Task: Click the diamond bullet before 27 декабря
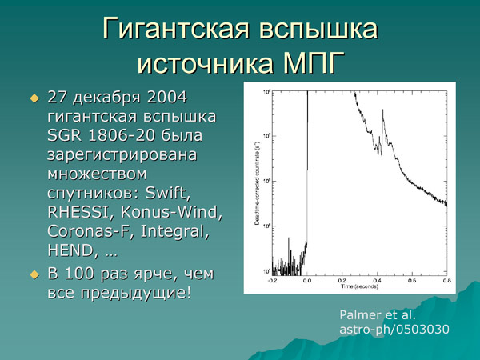[34, 98]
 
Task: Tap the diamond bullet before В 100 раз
[34, 274]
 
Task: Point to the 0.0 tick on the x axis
[307, 281]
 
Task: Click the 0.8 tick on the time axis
[445, 281]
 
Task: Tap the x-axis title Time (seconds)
[358, 286]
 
